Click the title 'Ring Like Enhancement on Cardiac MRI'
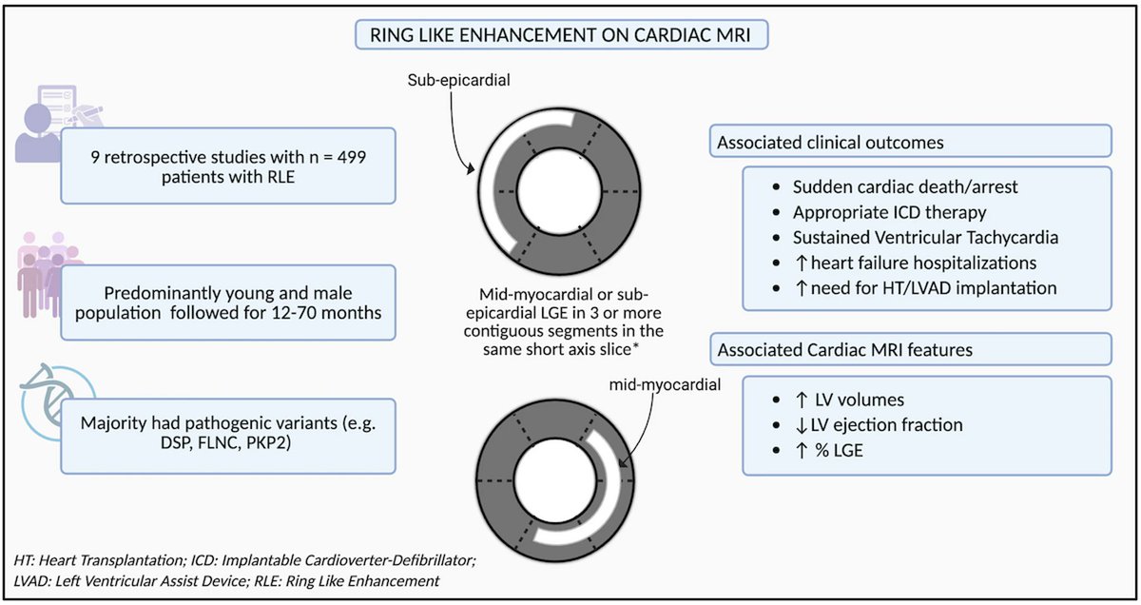560,35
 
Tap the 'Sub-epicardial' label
458,80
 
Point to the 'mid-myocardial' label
665,384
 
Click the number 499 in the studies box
351,156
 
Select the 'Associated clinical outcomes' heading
830,142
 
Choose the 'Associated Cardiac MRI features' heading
845,350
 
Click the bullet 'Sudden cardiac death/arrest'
905,187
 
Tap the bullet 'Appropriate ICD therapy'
889,212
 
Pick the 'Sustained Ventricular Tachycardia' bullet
925,238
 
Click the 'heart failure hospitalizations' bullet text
923,263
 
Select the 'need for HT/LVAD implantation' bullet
934,288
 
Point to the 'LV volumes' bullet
860,400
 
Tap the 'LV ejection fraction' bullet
886,425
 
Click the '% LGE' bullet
839,451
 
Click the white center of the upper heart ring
559,191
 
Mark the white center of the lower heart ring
555,480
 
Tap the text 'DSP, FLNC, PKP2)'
225,442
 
